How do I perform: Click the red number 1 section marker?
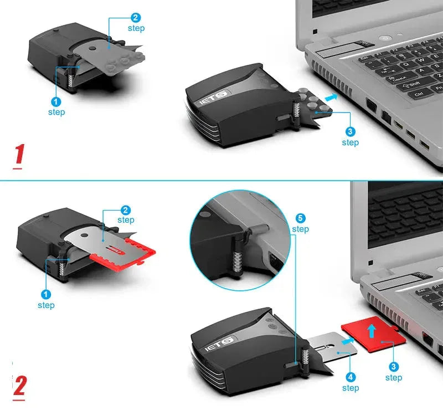pos(19,155)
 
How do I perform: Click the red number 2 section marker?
pos(19,386)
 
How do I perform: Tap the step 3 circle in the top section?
pos(350,132)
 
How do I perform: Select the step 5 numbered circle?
pos(300,218)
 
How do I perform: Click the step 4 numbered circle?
pos(350,377)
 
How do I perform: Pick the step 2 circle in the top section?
pos(136,17)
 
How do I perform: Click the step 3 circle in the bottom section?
pos(393,366)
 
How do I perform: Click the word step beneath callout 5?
pos(300,229)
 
